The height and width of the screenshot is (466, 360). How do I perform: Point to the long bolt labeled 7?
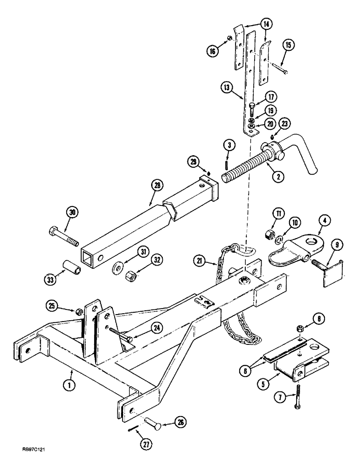pos(297,394)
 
